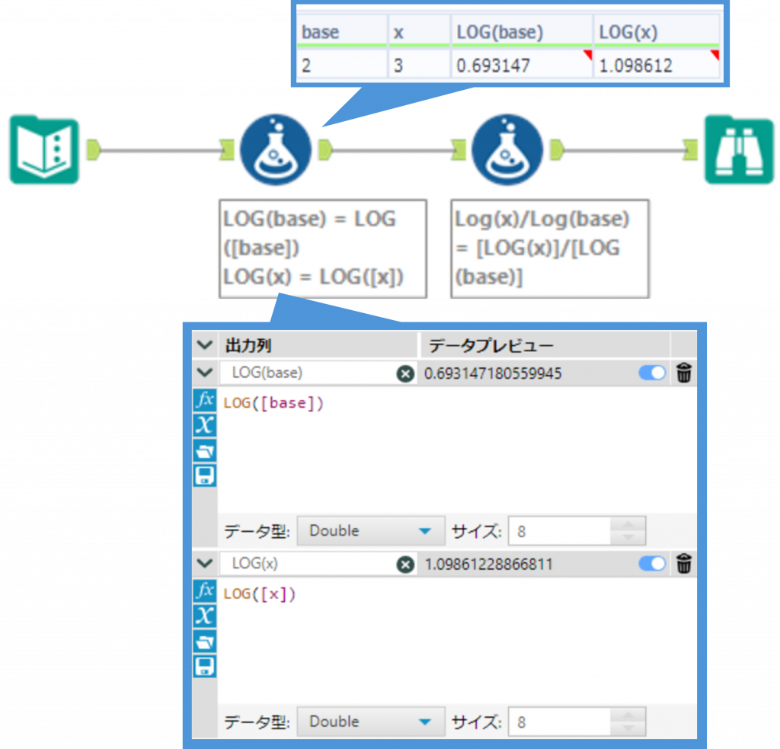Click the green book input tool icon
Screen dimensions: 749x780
(x=44, y=150)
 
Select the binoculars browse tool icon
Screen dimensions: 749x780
(x=738, y=150)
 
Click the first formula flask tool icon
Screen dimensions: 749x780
(x=276, y=150)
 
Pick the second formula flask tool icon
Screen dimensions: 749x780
(x=507, y=150)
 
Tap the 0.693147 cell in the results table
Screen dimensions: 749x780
(x=521, y=66)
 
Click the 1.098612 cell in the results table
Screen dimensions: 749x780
(x=655, y=66)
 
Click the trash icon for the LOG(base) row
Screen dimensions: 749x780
(x=684, y=373)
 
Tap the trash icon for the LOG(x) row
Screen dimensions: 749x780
(x=684, y=565)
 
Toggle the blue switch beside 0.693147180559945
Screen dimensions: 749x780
(x=652, y=373)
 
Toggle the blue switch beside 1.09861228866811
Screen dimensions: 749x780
(x=652, y=565)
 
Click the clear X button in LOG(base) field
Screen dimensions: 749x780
(x=405, y=373)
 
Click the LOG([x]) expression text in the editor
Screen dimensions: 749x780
(x=260, y=594)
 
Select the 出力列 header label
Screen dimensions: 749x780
(x=248, y=346)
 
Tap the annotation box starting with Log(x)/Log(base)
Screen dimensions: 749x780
(x=549, y=248)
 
